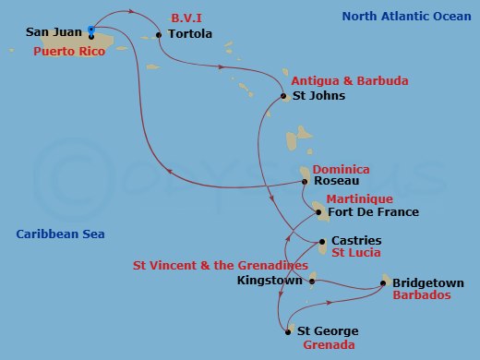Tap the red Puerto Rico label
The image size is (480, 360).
point(67,52)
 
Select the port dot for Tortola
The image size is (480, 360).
point(159,35)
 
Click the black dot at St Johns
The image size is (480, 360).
point(282,96)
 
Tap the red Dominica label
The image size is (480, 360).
point(341,169)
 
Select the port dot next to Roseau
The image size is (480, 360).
point(305,182)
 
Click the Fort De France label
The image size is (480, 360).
point(374,212)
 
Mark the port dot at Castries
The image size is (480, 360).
point(321,242)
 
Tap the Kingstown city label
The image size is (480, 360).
point(270,280)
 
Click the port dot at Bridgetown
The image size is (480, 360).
point(384,283)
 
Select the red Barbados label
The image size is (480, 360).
point(421,296)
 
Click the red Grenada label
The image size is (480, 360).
point(328,345)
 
